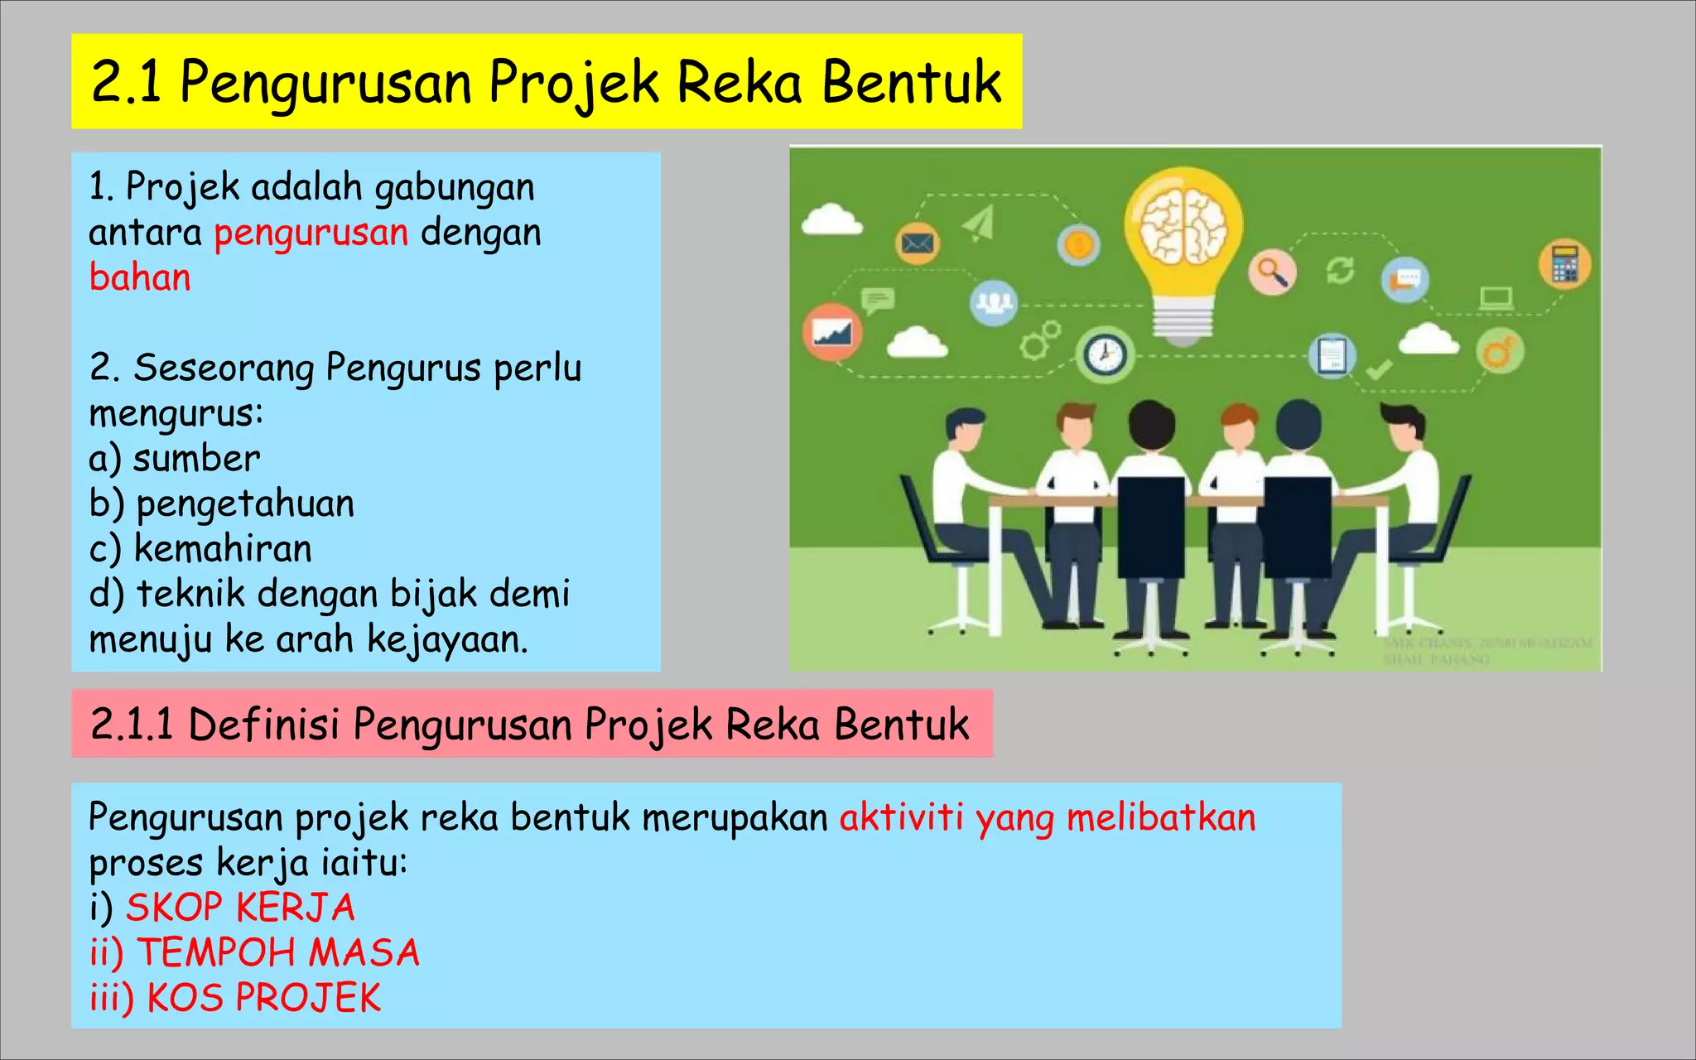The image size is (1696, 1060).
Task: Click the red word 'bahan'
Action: [140, 277]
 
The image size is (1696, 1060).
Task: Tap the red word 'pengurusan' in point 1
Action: [311, 233]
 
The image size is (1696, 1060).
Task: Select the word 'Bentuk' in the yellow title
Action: [911, 82]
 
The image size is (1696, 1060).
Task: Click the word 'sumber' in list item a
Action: [196, 459]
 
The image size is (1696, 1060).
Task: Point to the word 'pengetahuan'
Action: [245, 503]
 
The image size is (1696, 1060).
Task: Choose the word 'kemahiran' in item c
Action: [223, 548]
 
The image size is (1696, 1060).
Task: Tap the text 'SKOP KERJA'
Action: [240, 908]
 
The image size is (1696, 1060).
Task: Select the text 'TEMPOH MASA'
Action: [278, 952]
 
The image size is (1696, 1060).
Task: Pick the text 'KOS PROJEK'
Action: [263, 998]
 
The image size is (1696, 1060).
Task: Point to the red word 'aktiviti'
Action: [901, 817]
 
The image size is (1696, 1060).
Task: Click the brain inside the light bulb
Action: [1183, 226]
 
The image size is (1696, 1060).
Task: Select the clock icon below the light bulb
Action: [1105, 354]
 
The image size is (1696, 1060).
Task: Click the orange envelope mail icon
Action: [918, 243]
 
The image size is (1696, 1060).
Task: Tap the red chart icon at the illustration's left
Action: [832, 332]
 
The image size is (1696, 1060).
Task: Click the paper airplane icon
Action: [979, 224]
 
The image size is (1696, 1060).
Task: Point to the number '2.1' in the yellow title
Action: [126, 82]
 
